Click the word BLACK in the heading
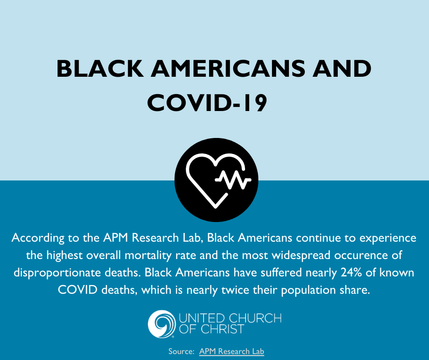[x=100, y=69]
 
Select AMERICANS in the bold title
[x=228, y=69]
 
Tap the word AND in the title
[x=342, y=69]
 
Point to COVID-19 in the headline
[x=207, y=103]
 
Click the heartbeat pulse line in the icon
[x=233, y=180]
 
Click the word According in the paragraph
[x=38, y=238]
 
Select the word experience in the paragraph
[x=387, y=238]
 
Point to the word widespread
[x=301, y=255]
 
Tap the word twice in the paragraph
[x=235, y=290]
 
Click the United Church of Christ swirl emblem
[x=162, y=324]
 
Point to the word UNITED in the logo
[x=202, y=318]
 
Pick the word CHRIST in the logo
[x=222, y=329]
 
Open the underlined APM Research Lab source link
[x=231, y=351]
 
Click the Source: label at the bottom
[x=181, y=351]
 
